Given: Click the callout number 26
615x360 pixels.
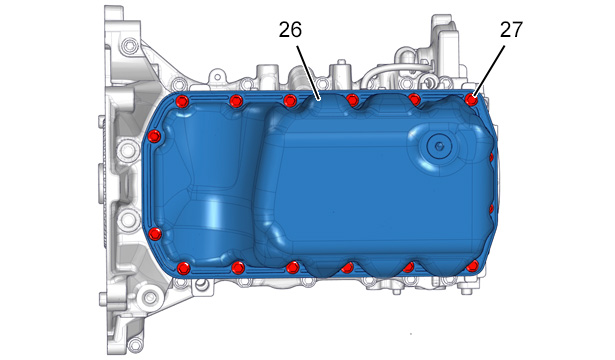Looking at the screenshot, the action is [290, 30].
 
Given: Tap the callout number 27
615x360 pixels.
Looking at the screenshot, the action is [511, 30].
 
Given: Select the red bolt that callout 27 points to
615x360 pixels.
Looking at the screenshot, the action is [472, 100].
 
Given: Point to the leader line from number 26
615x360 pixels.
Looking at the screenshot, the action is [308, 73].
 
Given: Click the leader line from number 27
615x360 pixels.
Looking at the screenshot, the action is [489, 71].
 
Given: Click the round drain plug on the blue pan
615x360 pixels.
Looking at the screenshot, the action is [439, 146].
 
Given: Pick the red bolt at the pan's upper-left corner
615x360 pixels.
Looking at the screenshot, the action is [182, 102].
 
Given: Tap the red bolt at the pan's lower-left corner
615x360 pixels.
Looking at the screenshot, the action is [184, 268].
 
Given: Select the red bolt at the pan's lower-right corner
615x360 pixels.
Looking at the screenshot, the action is [473, 266].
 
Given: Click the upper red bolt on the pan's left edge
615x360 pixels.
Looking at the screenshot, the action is [154, 136].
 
